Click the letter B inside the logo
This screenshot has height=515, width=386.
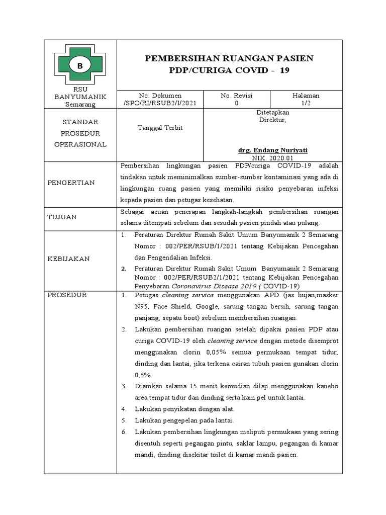click(79, 65)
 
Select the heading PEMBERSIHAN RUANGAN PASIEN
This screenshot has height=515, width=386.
click(229, 58)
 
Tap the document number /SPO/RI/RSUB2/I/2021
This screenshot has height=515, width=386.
click(159, 103)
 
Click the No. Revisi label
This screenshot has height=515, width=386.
click(237, 96)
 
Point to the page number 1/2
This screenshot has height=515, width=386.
click(306, 103)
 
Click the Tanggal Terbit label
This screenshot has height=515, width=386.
click(160, 128)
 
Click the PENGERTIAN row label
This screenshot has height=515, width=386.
click(71, 183)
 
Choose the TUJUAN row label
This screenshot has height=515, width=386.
click(62, 217)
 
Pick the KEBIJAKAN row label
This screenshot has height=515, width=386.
click(68, 259)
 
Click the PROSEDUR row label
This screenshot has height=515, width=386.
click(67, 295)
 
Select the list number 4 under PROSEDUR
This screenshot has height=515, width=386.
click(124, 409)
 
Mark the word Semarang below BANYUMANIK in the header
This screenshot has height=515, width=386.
click(80, 105)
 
